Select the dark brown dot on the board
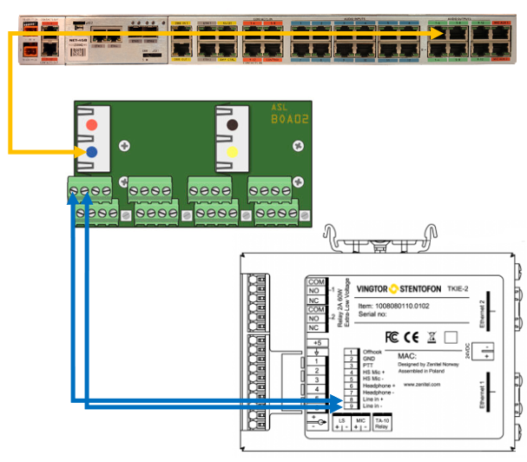(x=232, y=125)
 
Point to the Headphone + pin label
(x=379, y=386)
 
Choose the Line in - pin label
(x=373, y=406)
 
